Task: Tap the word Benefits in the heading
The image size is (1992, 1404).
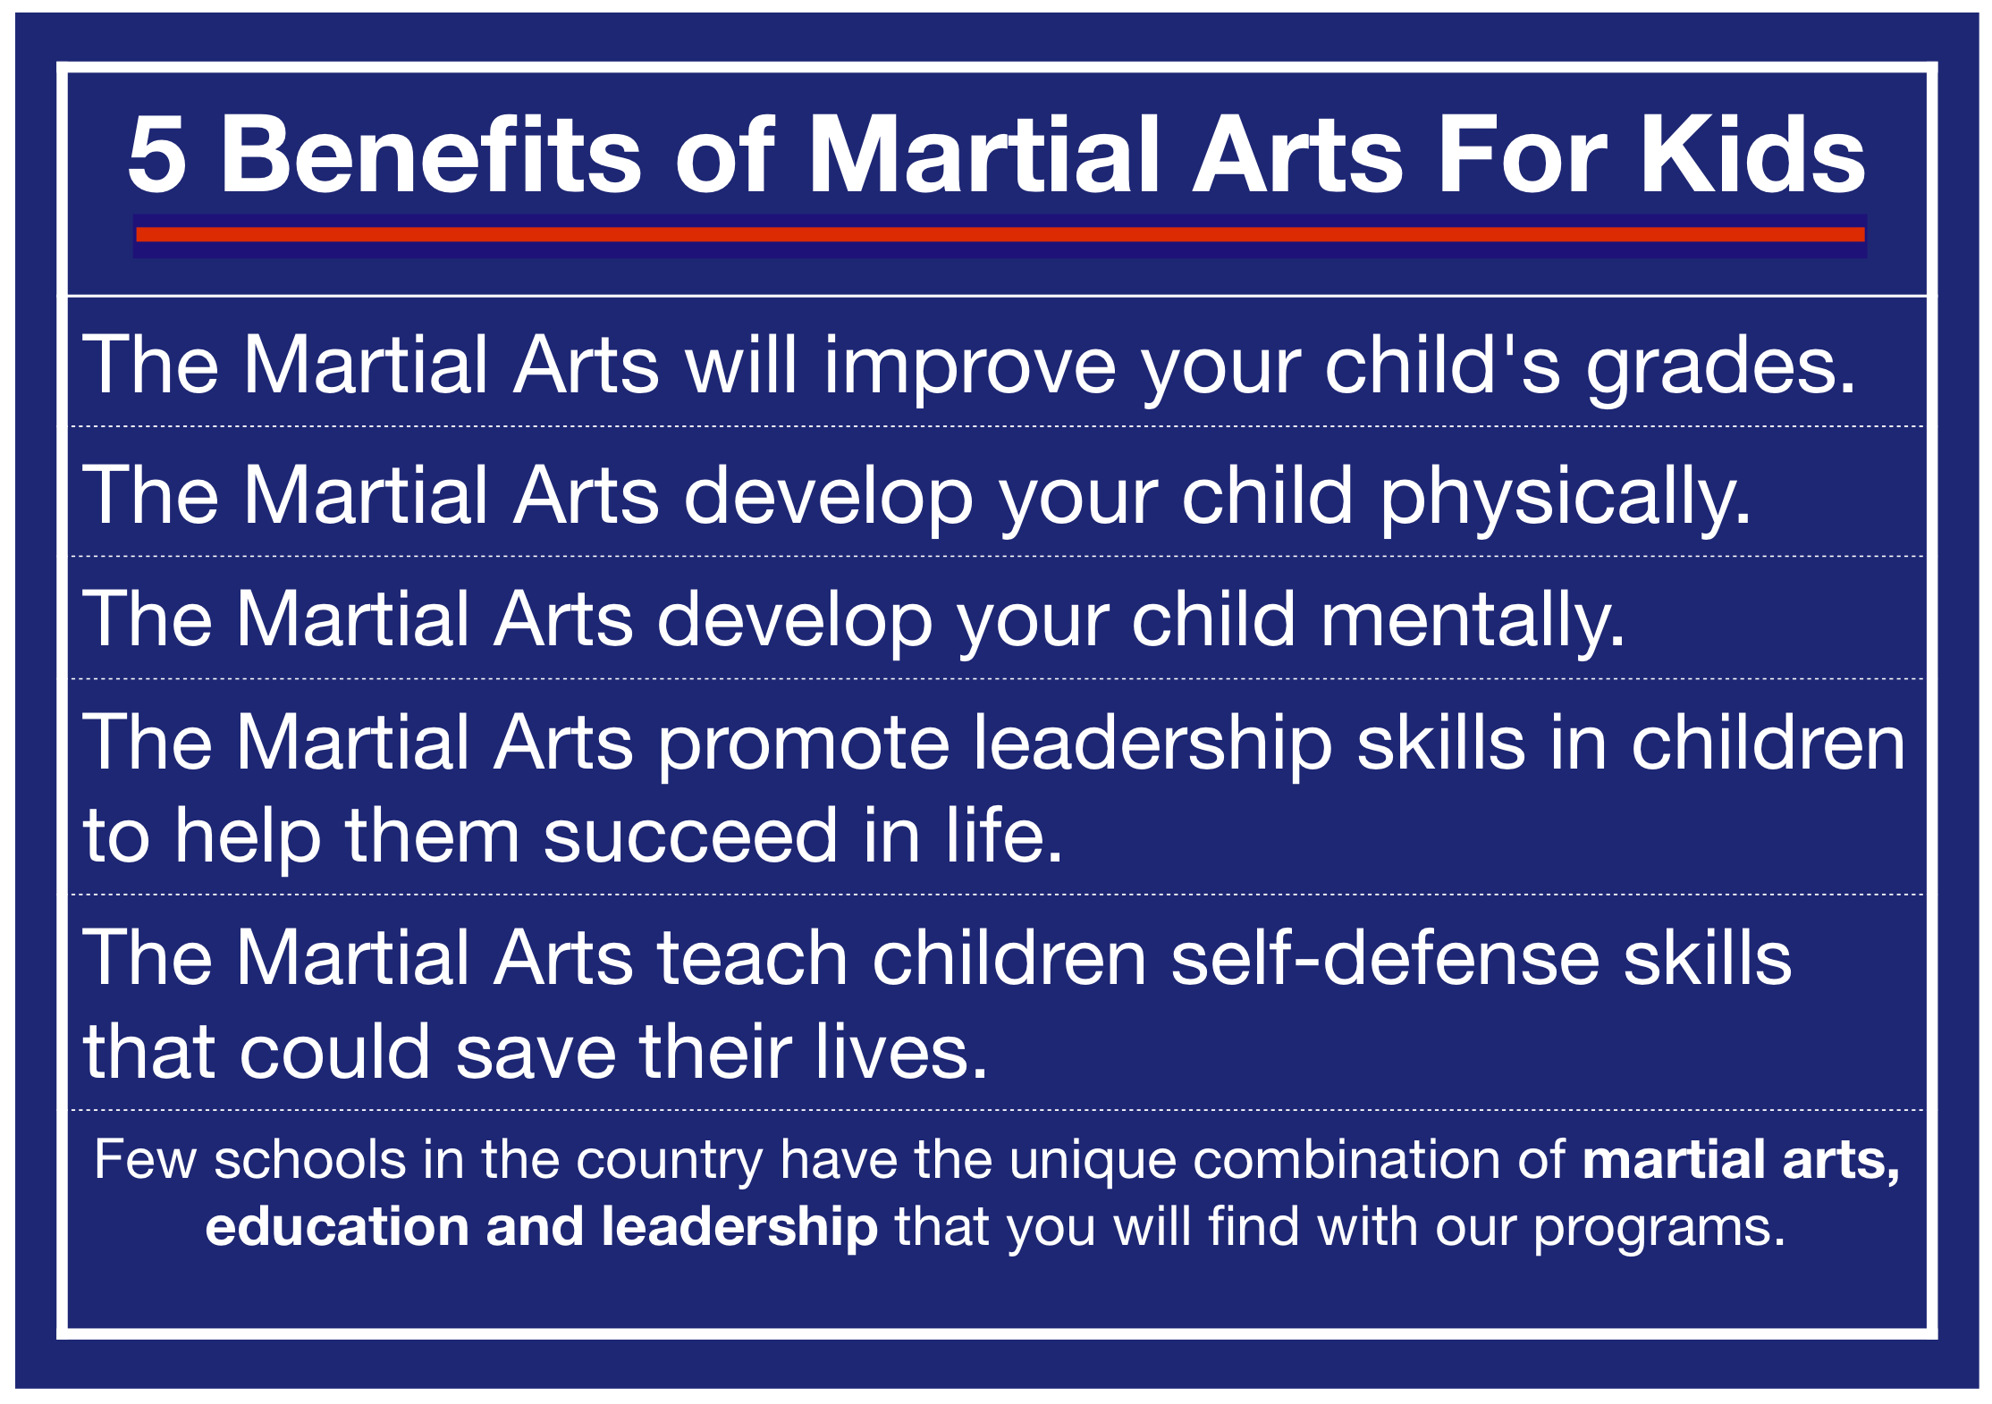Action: point(431,154)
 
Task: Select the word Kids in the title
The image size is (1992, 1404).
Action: point(1753,154)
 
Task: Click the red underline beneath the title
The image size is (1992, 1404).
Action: point(1000,234)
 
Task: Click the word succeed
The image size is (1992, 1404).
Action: point(690,837)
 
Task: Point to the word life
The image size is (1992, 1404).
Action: point(1005,837)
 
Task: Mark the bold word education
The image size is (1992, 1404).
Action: point(337,1226)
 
